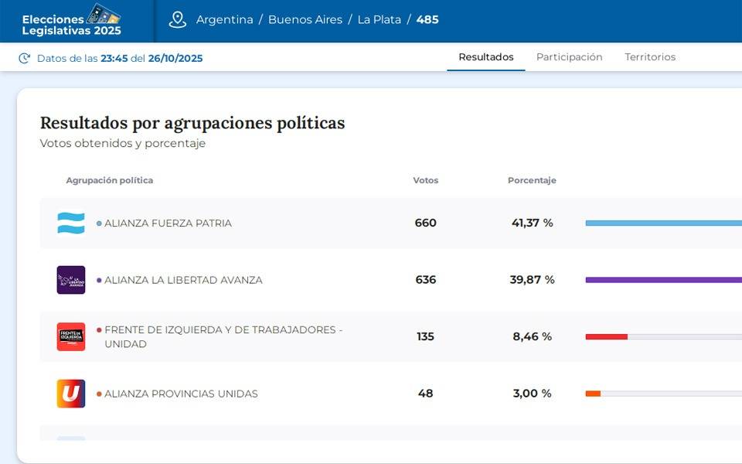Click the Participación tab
tap(569, 57)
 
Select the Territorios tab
tap(650, 57)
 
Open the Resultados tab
tap(486, 57)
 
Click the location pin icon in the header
tap(178, 20)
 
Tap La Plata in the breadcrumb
tap(379, 20)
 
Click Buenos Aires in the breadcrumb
tap(305, 20)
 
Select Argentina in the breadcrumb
tap(224, 20)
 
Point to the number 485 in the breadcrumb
tap(427, 20)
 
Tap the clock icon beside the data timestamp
tap(25, 58)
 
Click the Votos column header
tap(425, 180)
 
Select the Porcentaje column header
tap(532, 180)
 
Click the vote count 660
tap(425, 223)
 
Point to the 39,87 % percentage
tap(532, 280)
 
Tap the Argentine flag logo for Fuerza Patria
tap(71, 223)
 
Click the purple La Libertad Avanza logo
tap(71, 280)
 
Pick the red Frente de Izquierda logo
tap(71, 336)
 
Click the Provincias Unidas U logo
tap(71, 394)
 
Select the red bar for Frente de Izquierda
tap(607, 336)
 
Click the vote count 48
tap(425, 394)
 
